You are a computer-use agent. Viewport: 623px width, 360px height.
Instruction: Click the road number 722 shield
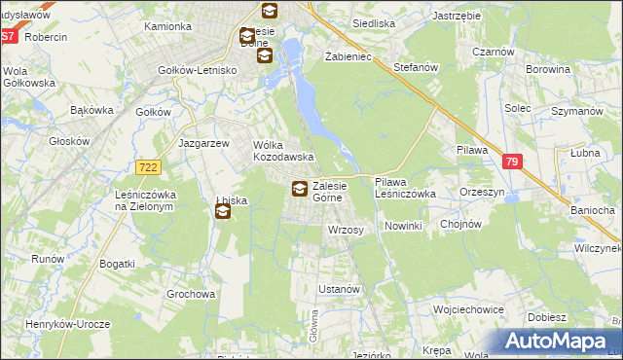[x=148, y=167]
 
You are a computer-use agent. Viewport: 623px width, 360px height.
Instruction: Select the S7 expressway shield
[x=8, y=36]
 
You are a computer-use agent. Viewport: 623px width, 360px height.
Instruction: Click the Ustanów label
[x=341, y=290]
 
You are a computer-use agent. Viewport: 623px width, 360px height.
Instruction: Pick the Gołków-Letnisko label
[x=199, y=70]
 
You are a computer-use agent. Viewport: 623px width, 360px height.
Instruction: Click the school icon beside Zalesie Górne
[x=299, y=189]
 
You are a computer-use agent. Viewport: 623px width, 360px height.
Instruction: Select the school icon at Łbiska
[x=223, y=211]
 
